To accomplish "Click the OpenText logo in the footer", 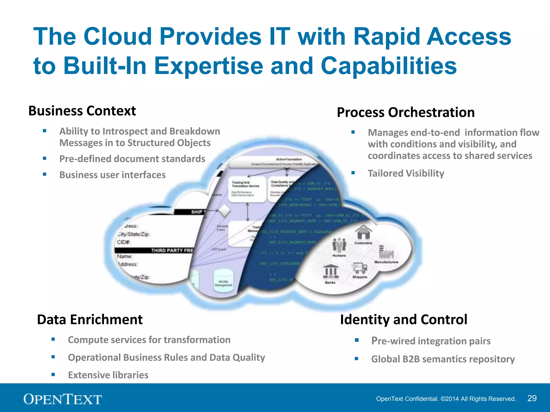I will (63, 399).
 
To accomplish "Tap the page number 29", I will (532, 398).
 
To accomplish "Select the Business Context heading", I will (82, 111).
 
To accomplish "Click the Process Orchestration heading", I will (406, 112).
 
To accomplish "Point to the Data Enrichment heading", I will (90, 319).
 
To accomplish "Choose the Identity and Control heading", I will (403, 319).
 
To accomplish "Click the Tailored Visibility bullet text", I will (406, 173).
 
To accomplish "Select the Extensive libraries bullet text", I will (108, 375).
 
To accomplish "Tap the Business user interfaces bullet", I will (112, 175).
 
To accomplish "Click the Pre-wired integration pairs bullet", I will (431, 341).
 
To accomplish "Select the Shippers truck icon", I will (360, 268).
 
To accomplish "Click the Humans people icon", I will (339, 245).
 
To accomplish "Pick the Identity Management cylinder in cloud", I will (223, 280).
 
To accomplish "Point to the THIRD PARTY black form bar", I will (156, 250).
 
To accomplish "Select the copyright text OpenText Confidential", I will (446, 399).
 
